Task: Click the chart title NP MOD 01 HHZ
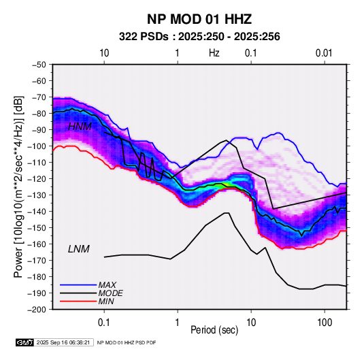[x=199, y=19]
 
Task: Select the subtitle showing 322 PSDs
[x=199, y=37]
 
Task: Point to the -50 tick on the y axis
[x=39, y=65]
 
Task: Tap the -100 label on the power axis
[x=37, y=146]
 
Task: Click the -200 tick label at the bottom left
[x=37, y=310]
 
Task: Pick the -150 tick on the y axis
[x=37, y=228]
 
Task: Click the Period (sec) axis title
[x=214, y=330]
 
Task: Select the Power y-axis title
[x=18, y=187]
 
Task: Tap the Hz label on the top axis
[x=214, y=53]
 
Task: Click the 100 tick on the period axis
[x=325, y=323]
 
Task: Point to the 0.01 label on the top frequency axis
[x=324, y=53]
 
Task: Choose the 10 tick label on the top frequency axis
[x=104, y=53]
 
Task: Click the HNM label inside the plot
[x=80, y=127]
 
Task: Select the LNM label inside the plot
[x=79, y=249]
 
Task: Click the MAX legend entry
[x=107, y=285]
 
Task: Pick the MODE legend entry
[x=110, y=293]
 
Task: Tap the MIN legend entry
[x=106, y=301]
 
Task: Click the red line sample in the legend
[x=78, y=301]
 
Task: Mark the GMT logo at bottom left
[x=25, y=342]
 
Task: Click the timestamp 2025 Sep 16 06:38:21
[x=63, y=342]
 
